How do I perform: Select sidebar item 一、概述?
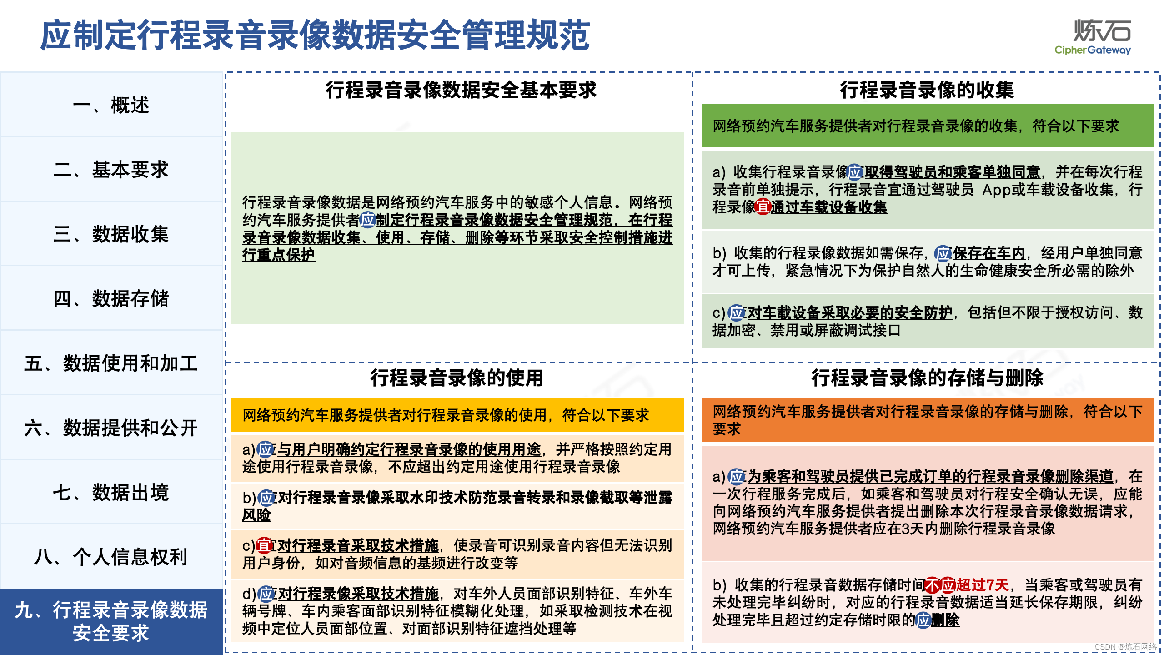pyautogui.click(x=111, y=105)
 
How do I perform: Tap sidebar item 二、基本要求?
pyautogui.click(x=111, y=170)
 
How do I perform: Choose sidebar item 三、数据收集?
pyautogui.click(x=111, y=234)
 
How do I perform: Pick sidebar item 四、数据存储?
pyautogui.click(x=111, y=299)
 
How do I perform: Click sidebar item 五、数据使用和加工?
pyautogui.click(x=111, y=363)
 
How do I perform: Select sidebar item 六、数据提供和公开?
pyautogui.click(x=111, y=428)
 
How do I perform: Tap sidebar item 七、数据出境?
pyautogui.click(x=111, y=493)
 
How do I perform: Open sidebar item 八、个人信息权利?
pyautogui.click(x=111, y=557)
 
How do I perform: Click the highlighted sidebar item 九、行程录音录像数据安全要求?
pyautogui.click(x=111, y=621)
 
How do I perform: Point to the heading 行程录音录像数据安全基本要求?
pyautogui.click(x=461, y=90)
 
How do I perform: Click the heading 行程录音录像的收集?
pyautogui.click(x=927, y=90)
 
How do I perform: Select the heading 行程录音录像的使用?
pyautogui.click(x=457, y=378)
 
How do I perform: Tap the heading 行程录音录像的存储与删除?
pyautogui.click(x=927, y=378)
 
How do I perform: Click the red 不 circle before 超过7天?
pyautogui.click(x=933, y=585)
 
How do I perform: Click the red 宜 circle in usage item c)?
pyautogui.click(x=264, y=545)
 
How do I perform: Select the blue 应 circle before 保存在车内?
pyautogui.click(x=943, y=253)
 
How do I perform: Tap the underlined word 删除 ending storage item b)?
pyautogui.click(x=945, y=620)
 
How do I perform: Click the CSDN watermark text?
pyautogui.click(x=1125, y=647)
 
